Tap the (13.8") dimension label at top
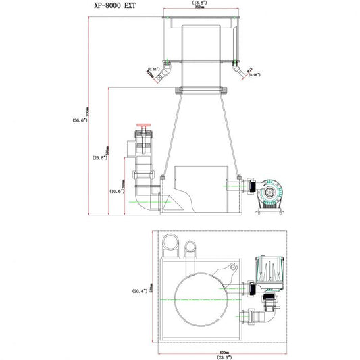click(x=199, y=3)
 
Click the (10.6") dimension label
click(x=117, y=191)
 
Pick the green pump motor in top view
click(x=270, y=271)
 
